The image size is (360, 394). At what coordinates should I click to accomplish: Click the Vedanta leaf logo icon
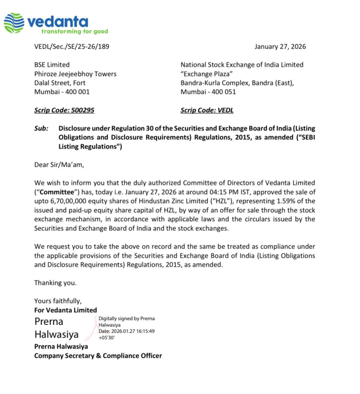14,23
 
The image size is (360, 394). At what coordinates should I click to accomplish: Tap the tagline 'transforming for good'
75,32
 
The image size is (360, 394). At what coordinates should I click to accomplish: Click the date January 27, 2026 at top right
280,47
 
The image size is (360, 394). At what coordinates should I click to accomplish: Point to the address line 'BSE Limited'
52,65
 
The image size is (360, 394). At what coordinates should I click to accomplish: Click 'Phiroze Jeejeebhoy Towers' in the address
75,74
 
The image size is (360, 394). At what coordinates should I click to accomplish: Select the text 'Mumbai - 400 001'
62,92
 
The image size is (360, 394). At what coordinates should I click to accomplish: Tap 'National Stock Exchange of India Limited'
242,65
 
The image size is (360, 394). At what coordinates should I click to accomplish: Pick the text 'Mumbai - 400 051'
208,92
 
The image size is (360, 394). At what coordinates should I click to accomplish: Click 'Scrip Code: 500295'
64,110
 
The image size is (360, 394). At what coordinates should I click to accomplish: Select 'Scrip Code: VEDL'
207,110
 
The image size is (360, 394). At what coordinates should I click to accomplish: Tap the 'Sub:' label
41,129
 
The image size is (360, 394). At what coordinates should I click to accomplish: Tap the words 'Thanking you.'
55,283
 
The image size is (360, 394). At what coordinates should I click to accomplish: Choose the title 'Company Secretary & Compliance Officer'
98,356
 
